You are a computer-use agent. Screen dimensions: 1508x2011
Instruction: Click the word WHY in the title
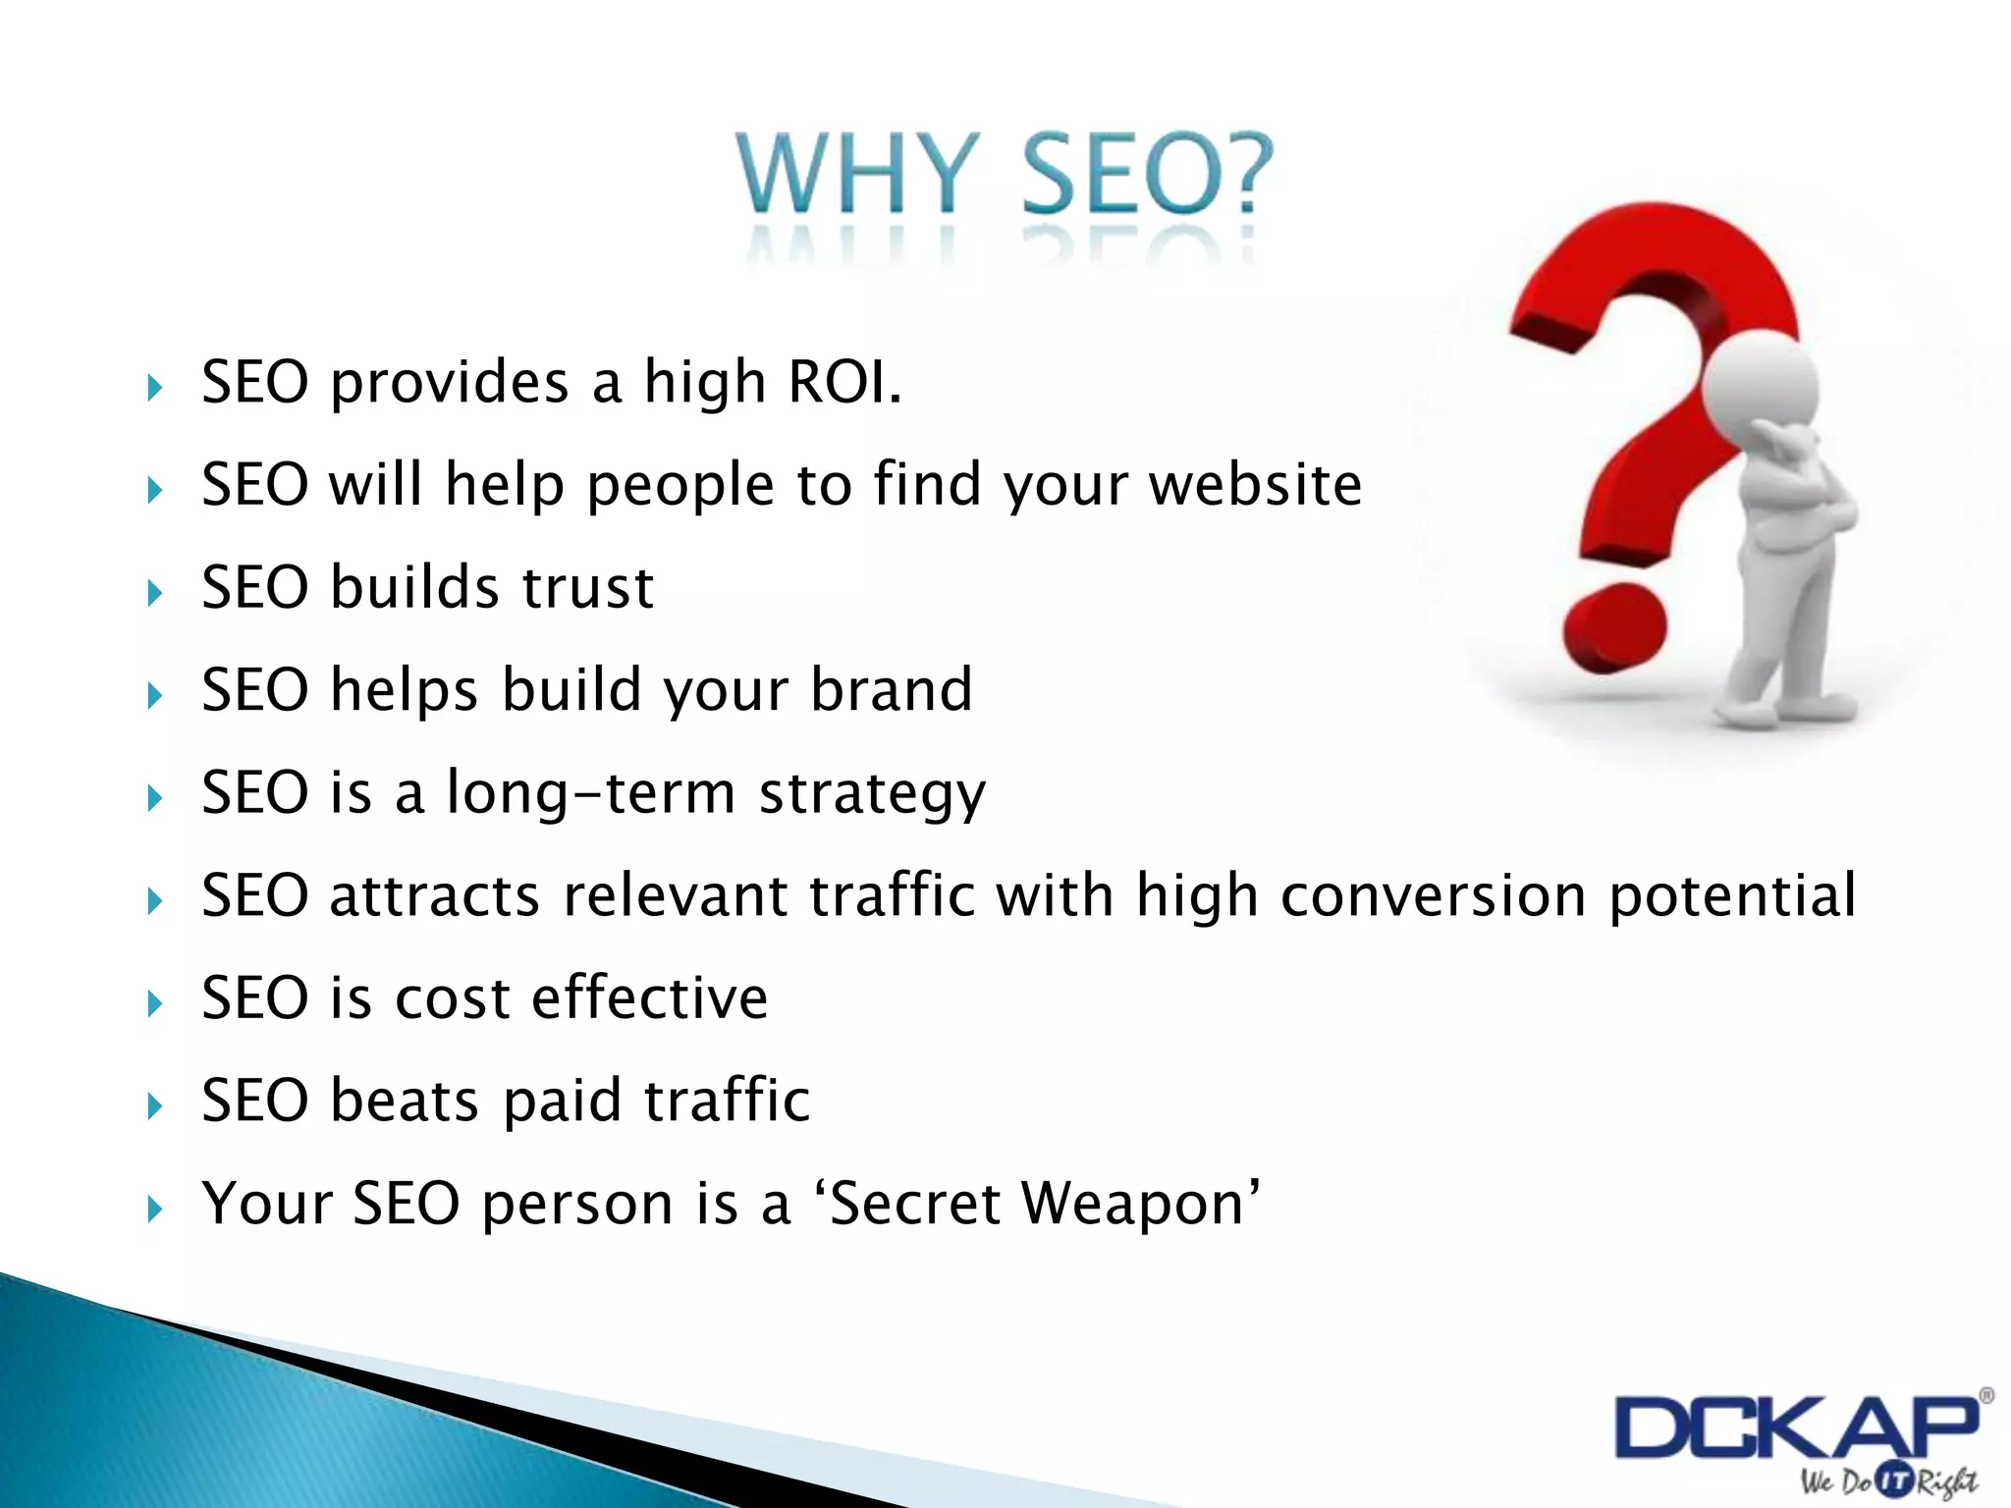[857, 174]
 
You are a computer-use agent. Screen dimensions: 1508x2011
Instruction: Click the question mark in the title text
[1244, 174]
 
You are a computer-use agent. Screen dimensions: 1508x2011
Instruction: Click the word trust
[587, 587]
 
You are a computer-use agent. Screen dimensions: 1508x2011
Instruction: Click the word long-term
[590, 793]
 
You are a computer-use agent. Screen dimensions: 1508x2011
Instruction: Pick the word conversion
[1433, 895]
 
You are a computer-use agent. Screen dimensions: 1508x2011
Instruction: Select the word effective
[649, 998]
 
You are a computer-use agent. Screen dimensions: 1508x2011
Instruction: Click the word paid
[562, 1102]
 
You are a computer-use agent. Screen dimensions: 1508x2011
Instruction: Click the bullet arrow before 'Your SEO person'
[154, 1209]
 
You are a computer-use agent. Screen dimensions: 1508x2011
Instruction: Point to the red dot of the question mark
[1614, 625]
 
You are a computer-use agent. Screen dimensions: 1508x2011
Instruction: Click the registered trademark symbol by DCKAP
[1985, 1396]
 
